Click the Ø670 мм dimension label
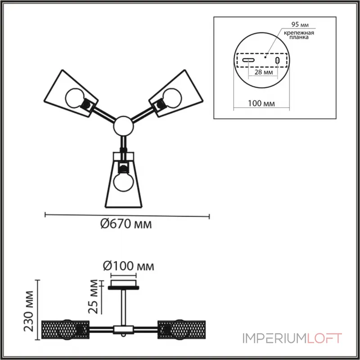[126, 224]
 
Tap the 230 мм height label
[29, 311]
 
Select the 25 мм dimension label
[93, 297]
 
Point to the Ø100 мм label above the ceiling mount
[129, 266]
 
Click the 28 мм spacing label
[264, 72]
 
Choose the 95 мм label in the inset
[300, 24]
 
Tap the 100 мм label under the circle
[261, 103]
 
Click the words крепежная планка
[299, 35]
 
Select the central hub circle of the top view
[123, 126]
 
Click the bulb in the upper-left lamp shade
[75, 98]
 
